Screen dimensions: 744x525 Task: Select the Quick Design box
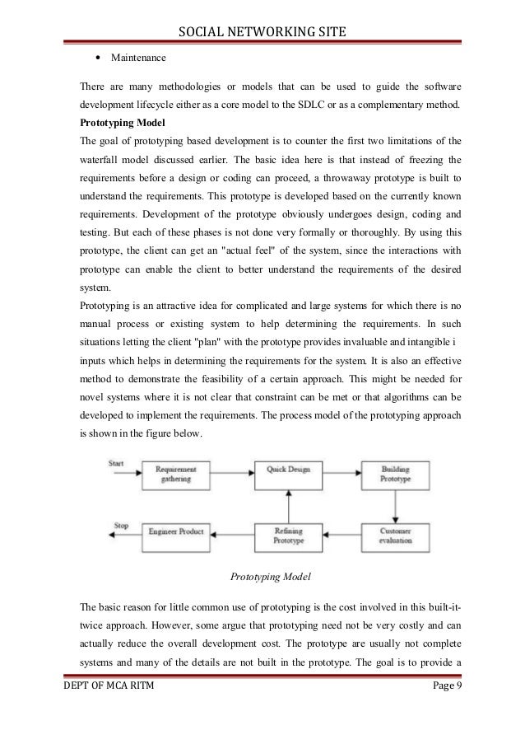[x=286, y=470]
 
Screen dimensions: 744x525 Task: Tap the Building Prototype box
[x=395, y=475]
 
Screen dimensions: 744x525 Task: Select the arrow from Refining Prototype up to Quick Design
[x=286, y=503]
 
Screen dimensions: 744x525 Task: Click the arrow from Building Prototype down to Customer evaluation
[x=395, y=503]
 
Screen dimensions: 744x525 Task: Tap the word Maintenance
[x=137, y=58]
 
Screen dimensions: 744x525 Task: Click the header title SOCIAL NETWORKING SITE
[x=262, y=32]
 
